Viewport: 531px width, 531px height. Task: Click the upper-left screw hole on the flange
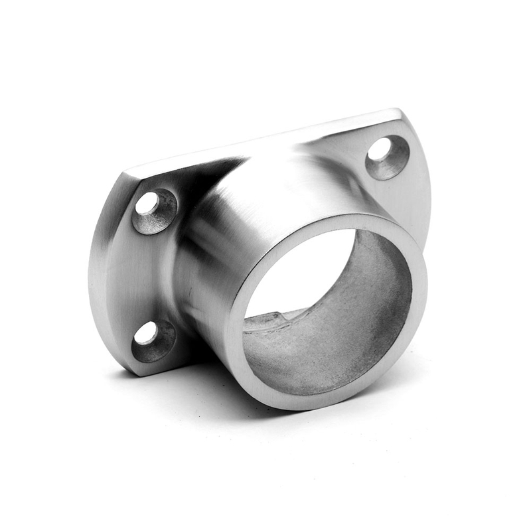[x=148, y=204]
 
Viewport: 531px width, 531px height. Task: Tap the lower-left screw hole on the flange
[x=146, y=333]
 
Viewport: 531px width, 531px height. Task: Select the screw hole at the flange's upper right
[x=380, y=151]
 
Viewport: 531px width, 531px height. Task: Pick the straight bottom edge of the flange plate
[x=173, y=368]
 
